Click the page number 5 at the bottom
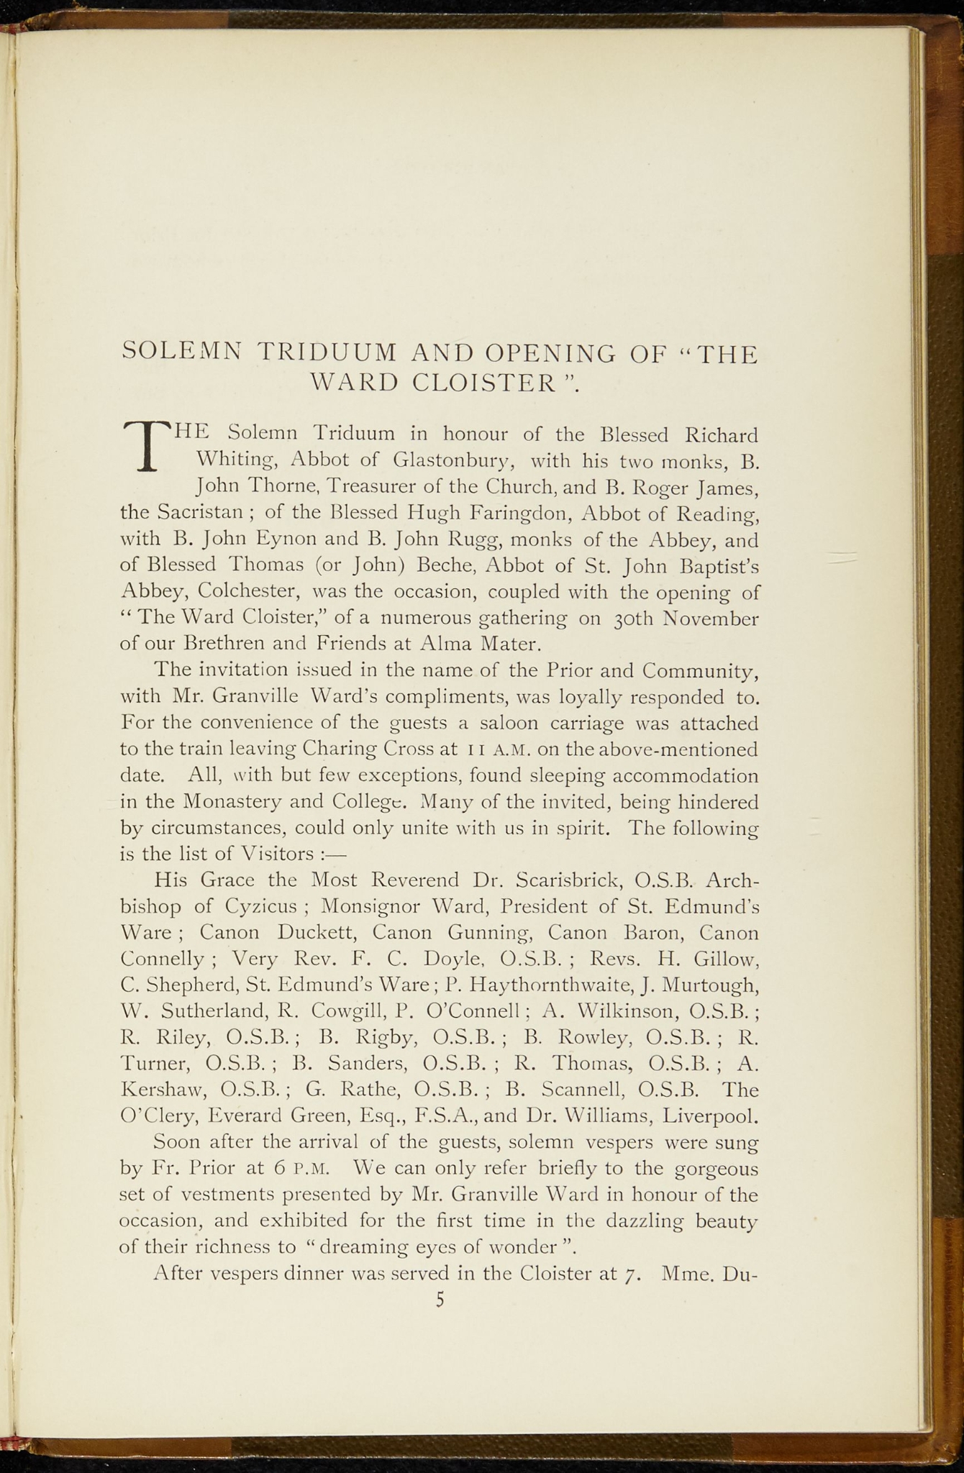click(x=440, y=1300)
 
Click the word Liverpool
click(x=709, y=1116)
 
